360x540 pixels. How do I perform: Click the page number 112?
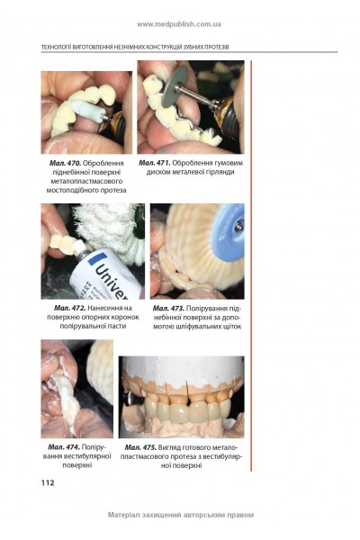click(x=48, y=482)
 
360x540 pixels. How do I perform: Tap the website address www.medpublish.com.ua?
click(x=179, y=24)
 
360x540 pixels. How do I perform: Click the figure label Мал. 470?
click(x=65, y=163)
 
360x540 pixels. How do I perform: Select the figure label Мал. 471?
click(x=155, y=163)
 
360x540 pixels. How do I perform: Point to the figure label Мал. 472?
click(x=69, y=308)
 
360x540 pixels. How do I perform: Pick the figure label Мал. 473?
click(x=168, y=308)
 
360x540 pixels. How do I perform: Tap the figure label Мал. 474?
click(x=64, y=447)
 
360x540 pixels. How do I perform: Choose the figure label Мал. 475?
click(x=140, y=447)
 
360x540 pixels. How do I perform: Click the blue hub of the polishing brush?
click(x=229, y=229)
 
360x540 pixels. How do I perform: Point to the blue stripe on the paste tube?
click(x=97, y=258)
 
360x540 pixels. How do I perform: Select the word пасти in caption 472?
click(x=117, y=326)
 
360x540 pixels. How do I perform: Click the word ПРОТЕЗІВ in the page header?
click(x=218, y=47)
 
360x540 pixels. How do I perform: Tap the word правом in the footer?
click(x=240, y=515)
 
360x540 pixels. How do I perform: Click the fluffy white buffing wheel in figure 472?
click(x=110, y=229)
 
